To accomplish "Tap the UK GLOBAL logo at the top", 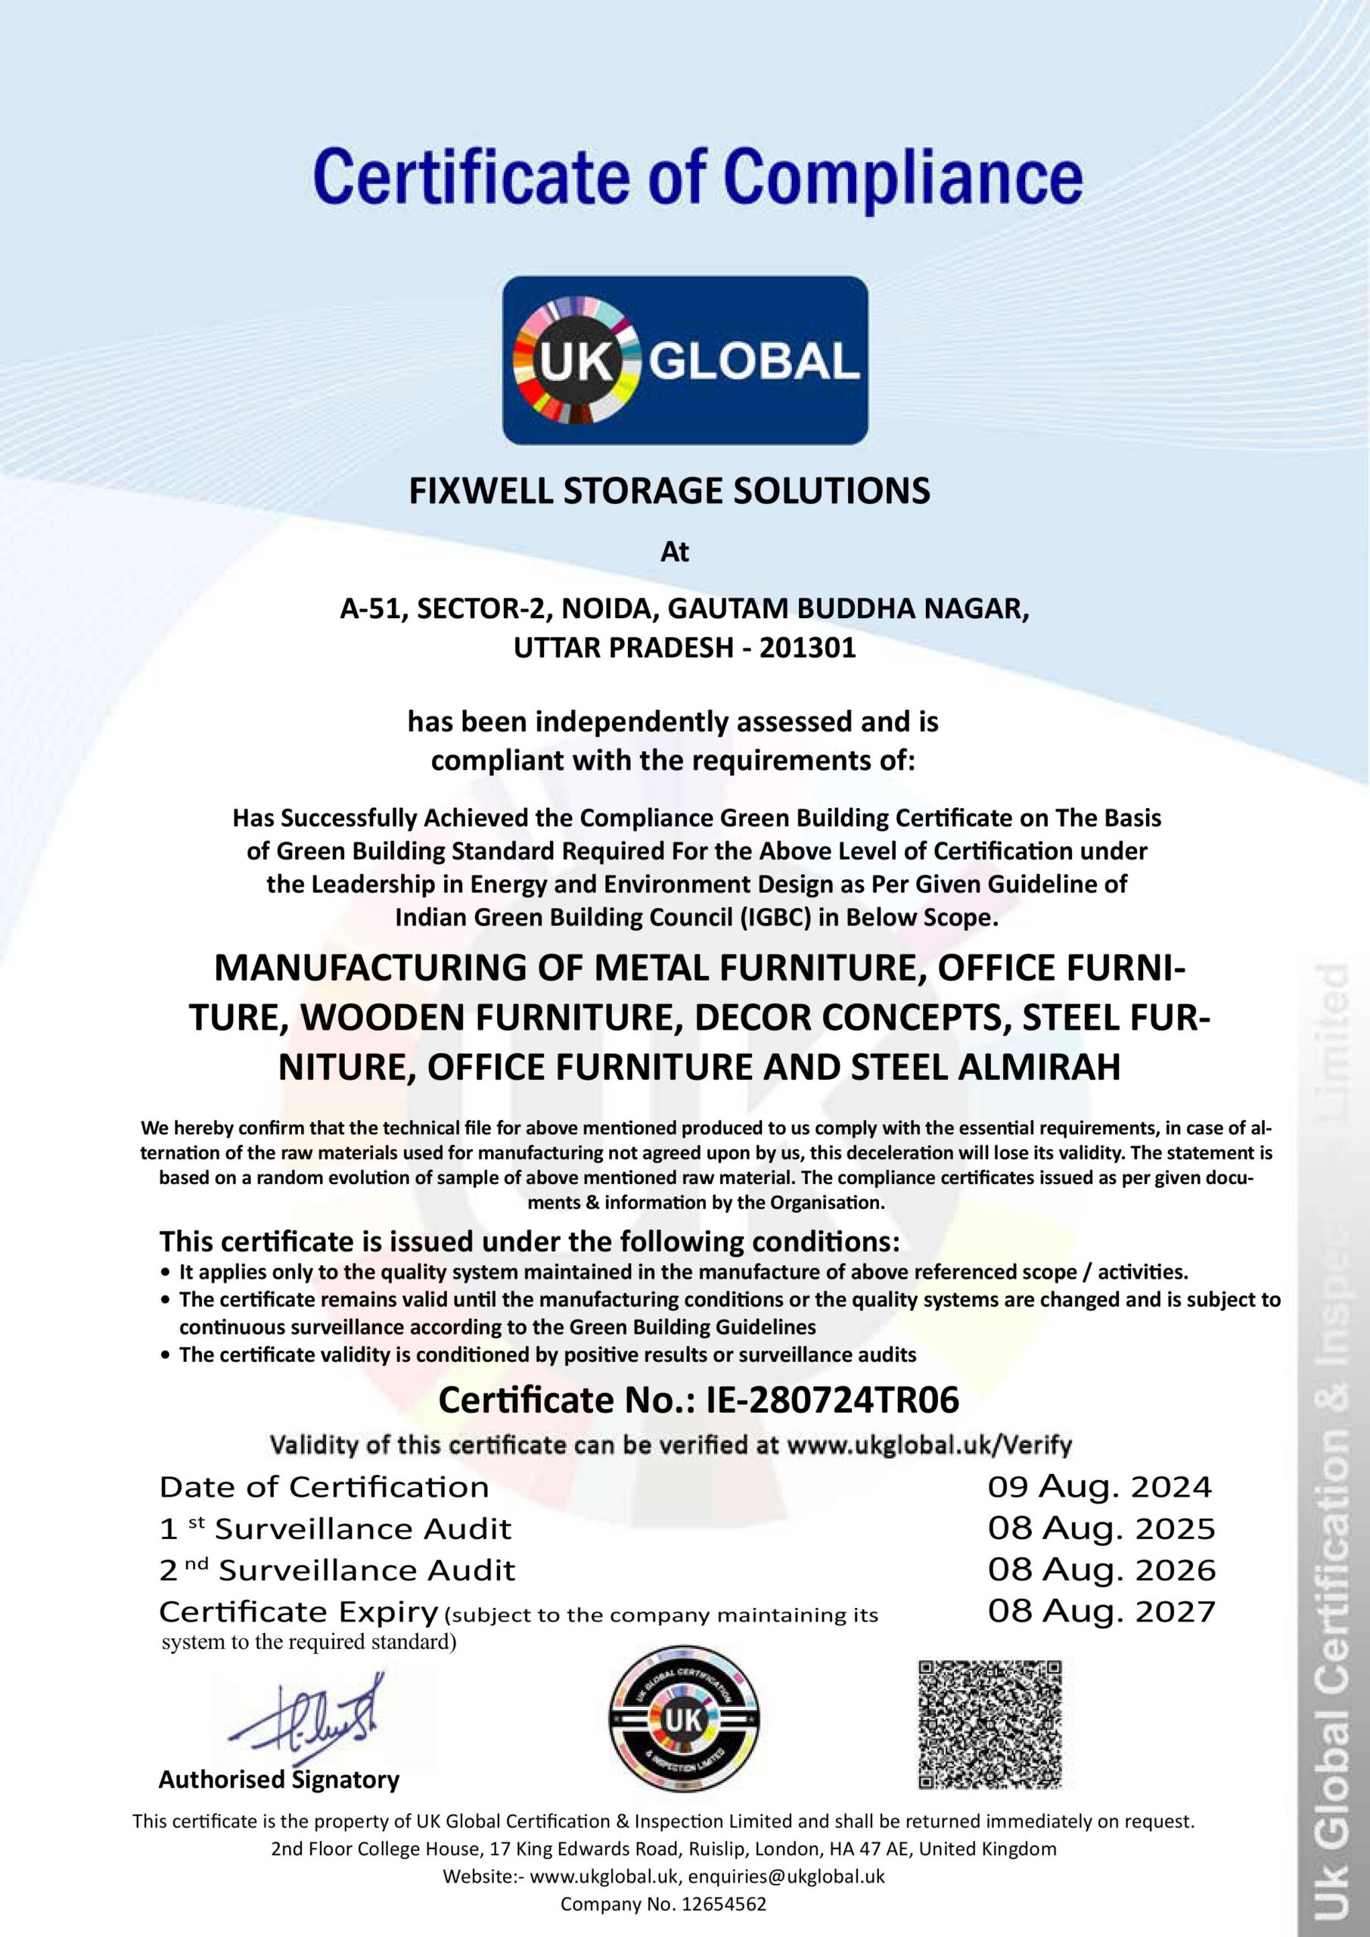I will click(685, 360).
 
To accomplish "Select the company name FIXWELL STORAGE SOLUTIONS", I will click(669, 491).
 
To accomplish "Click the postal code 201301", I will click(807, 648).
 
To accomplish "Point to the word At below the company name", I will click(675, 552).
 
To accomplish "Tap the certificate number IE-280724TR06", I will click(833, 1401).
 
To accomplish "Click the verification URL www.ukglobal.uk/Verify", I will click(929, 1445).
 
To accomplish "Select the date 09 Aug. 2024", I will click(1100, 1488).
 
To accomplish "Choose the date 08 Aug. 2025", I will click(1101, 1528).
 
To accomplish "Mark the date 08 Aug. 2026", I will click(1101, 1570).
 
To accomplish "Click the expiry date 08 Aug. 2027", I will click(1101, 1612).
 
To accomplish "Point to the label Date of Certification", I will click(324, 1488).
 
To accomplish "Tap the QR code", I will click(989, 1724).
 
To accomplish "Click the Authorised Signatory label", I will click(279, 1780).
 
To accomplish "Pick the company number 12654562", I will click(716, 1904).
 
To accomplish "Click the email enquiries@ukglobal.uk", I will click(786, 1876).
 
